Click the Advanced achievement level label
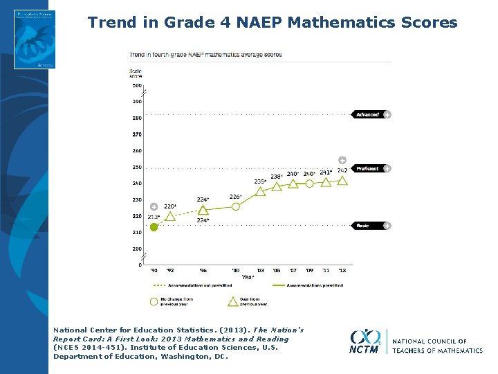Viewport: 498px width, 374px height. point(367,114)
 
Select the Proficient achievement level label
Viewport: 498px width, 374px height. point(367,168)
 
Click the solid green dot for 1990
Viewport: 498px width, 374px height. point(154,226)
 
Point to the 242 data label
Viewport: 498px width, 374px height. point(342,170)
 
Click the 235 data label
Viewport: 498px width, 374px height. point(260,181)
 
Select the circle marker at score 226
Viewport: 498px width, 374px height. point(236,206)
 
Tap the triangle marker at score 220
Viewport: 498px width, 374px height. point(170,217)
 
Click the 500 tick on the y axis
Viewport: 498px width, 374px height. point(137,85)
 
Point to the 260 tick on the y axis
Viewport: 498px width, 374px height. point(137,150)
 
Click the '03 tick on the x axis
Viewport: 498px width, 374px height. point(260,270)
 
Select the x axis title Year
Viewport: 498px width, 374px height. point(248,277)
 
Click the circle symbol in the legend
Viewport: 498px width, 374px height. point(154,301)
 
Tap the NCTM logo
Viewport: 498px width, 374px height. point(365,341)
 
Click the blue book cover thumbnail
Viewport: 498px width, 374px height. point(35,39)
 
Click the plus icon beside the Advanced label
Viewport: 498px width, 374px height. point(387,114)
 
